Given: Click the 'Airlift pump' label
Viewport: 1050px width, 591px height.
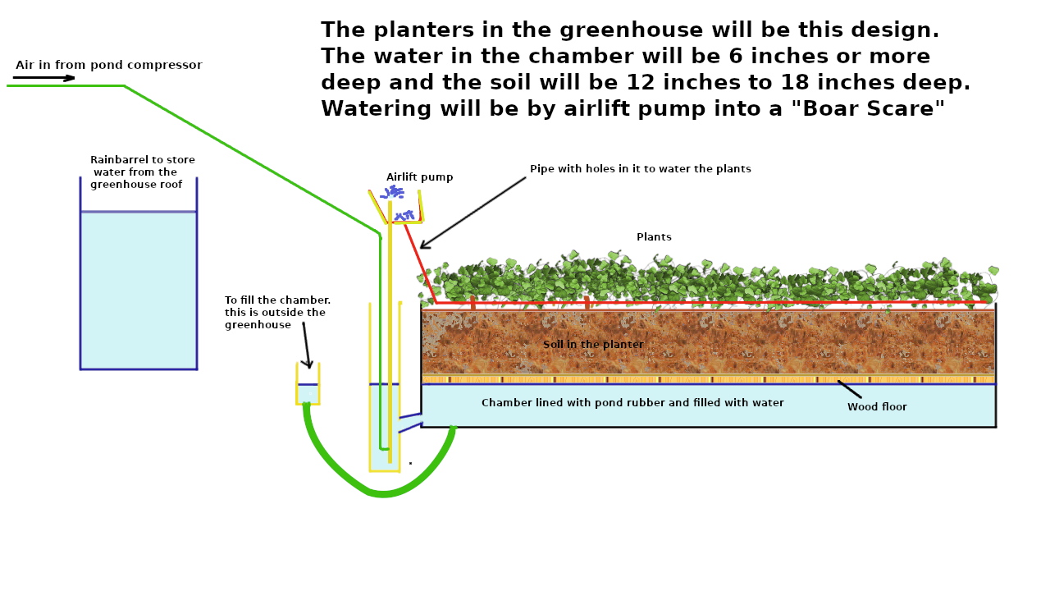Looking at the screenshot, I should [x=419, y=177].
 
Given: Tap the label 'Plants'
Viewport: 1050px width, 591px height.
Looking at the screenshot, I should [x=654, y=237].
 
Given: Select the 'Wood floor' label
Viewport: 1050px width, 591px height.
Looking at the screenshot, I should [x=877, y=407].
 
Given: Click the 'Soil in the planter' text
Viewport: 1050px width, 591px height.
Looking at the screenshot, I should [x=593, y=345].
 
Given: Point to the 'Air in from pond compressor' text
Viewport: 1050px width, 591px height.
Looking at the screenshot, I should [x=108, y=66].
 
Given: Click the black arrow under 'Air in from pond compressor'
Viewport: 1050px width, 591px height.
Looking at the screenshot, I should [x=44, y=78].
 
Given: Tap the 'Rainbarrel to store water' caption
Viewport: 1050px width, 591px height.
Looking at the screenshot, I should [x=141, y=172].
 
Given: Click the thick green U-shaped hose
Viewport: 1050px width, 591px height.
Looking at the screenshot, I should [x=382, y=492].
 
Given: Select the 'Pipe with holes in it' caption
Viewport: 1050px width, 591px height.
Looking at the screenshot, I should [x=640, y=169].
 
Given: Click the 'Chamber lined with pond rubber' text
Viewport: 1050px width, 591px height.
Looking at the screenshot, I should [x=632, y=403].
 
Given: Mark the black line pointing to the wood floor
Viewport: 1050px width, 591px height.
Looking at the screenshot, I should [x=849, y=389].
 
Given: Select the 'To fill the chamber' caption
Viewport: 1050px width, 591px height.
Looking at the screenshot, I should [x=277, y=313].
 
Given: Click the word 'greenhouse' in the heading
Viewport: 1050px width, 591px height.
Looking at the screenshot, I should [x=642, y=30].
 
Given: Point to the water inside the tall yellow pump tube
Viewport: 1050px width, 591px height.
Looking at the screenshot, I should [x=384, y=427].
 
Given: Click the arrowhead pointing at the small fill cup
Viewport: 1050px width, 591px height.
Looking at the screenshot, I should [x=308, y=364].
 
